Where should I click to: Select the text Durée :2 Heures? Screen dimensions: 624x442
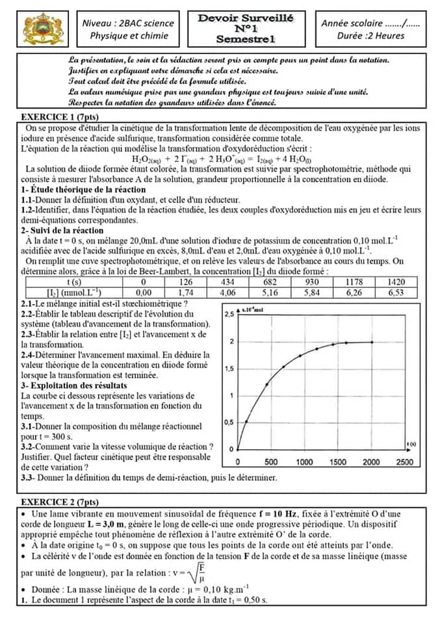pyautogui.click(x=371, y=36)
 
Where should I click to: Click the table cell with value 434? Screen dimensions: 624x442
pyautogui.click(x=227, y=282)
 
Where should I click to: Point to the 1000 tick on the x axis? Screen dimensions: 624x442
pyautogui.click(x=304, y=462)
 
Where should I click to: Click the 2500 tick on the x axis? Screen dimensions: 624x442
pyautogui.click(x=404, y=462)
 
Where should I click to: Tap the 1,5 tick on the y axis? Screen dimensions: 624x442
pyautogui.click(x=229, y=369)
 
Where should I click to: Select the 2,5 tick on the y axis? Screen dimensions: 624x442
pyautogui.click(x=229, y=314)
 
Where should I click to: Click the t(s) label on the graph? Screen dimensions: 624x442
pyautogui.click(x=411, y=443)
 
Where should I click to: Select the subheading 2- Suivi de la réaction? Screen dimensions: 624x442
pyautogui.click(x=62, y=230)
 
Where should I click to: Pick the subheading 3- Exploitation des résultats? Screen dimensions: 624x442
pyautogui.click(x=74, y=385)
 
